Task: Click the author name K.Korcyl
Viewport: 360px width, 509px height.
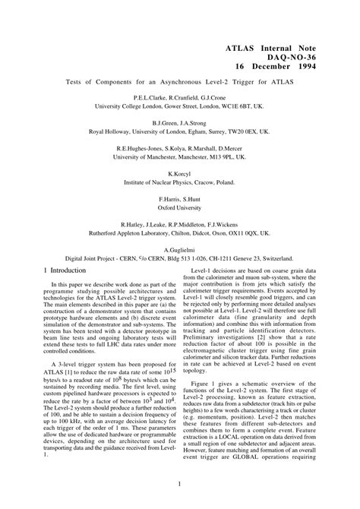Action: coord(180,173)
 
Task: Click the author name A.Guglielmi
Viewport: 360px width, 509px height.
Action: coord(180,249)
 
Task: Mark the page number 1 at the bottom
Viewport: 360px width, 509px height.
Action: coord(179,483)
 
